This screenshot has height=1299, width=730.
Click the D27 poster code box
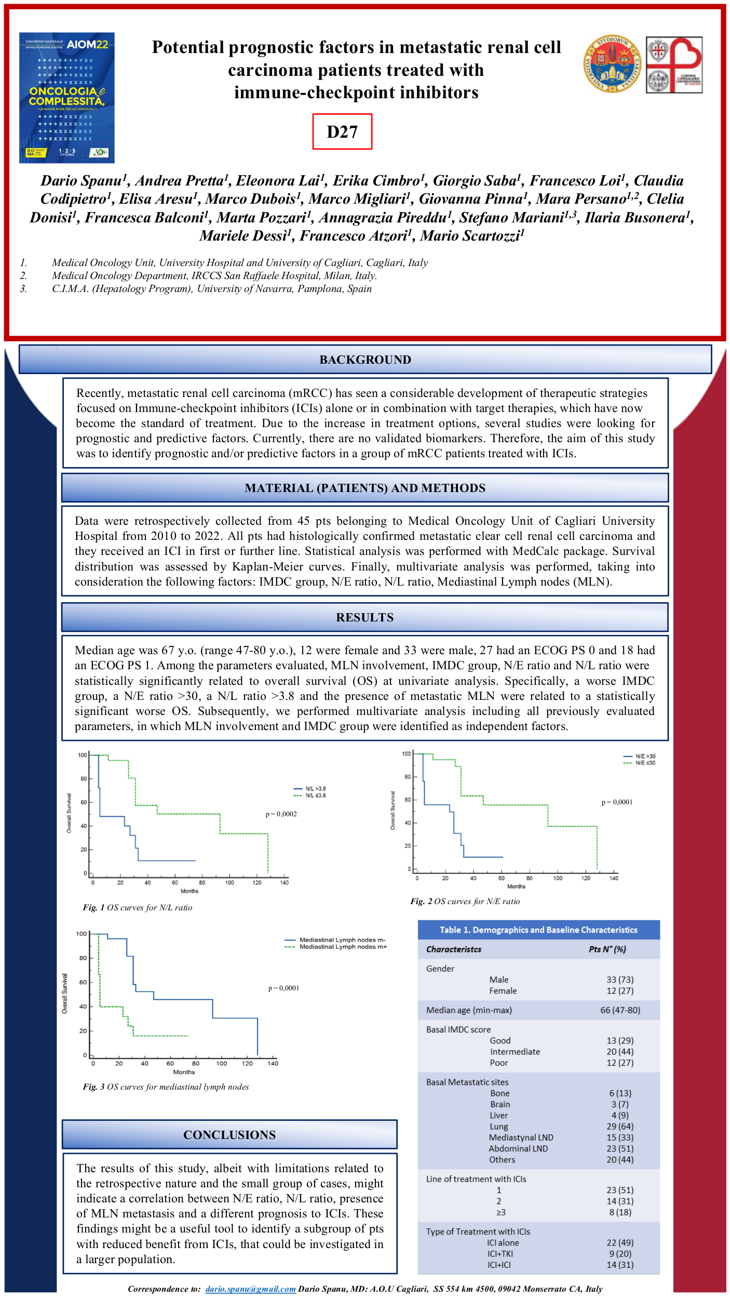(342, 131)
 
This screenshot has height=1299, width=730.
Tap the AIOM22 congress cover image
(67, 98)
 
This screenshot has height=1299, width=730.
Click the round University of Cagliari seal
(612, 64)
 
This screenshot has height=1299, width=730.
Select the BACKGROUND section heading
(365, 360)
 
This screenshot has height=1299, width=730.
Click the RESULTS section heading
(365, 617)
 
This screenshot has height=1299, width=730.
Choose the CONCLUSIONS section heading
(229, 1135)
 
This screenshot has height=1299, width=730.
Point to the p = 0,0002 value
(281, 814)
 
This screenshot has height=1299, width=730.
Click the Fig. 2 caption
(465, 902)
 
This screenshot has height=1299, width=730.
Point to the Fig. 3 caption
(166, 1087)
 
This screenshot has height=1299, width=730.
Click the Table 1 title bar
(538, 930)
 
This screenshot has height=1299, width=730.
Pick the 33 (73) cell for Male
(620, 979)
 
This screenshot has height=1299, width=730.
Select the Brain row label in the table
(500, 1104)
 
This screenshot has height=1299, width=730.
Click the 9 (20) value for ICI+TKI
(620, 1254)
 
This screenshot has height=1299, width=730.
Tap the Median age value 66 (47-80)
(620, 1010)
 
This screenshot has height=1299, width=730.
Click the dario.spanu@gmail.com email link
(250, 1289)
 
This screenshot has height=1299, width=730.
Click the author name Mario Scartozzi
(472, 236)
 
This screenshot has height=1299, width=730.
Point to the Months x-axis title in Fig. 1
(190, 891)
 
